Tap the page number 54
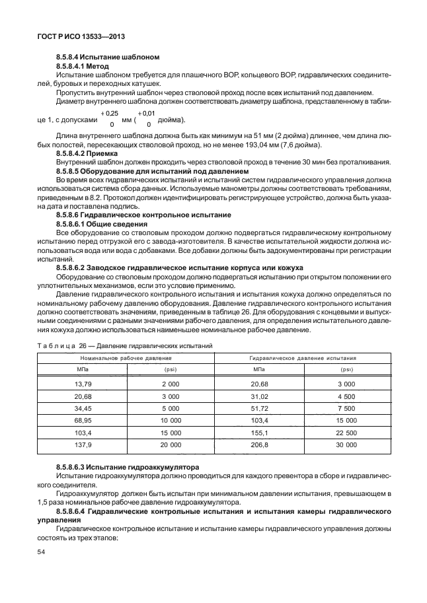pos(42,559)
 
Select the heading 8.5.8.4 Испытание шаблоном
pos(107,57)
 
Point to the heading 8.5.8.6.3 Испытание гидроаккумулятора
pos(128,467)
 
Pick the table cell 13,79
pos(83,384)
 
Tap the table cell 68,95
pos(83,421)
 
